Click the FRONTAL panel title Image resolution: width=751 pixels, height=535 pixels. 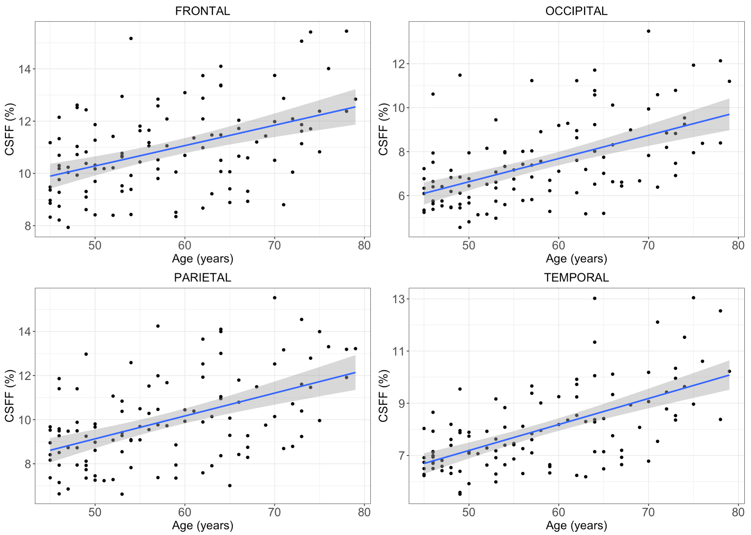[x=203, y=11]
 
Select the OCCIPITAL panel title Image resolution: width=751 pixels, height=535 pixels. [x=576, y=11]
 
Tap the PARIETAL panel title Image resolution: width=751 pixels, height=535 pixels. [x=203, y=278]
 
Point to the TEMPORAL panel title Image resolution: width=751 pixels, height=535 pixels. [x=576, y=278]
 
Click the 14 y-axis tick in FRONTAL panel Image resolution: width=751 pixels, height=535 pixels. [x=24, y=69]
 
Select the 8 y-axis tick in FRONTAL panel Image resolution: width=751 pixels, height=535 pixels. [x=28, y=226]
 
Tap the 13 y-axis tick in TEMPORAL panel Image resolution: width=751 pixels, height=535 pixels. [x=399, y=299]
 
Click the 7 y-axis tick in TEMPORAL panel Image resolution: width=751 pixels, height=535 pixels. [x=401, y=456]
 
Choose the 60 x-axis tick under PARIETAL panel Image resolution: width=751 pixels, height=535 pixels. [x=185, y=512]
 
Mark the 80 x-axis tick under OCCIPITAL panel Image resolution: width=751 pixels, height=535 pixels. [x=738, y=245]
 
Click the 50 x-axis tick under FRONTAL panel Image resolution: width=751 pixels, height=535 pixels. [x=95, y=245]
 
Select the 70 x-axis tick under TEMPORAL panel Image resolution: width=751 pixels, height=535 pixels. [x=648, y=512]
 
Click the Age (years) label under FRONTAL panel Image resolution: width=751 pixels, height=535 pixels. [x=203, y=259]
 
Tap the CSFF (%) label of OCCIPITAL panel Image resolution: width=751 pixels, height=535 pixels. [x=383, y=129]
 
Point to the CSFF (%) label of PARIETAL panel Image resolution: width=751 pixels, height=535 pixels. [x=10, y=396]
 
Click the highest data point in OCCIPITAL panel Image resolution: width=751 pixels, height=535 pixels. [x=648, y=31]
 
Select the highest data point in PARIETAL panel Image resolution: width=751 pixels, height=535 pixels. [x=274, y=298]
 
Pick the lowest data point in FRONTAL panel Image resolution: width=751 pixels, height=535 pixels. [x=68, y=227]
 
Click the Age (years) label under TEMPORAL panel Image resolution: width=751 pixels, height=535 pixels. [x=576, y=525]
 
